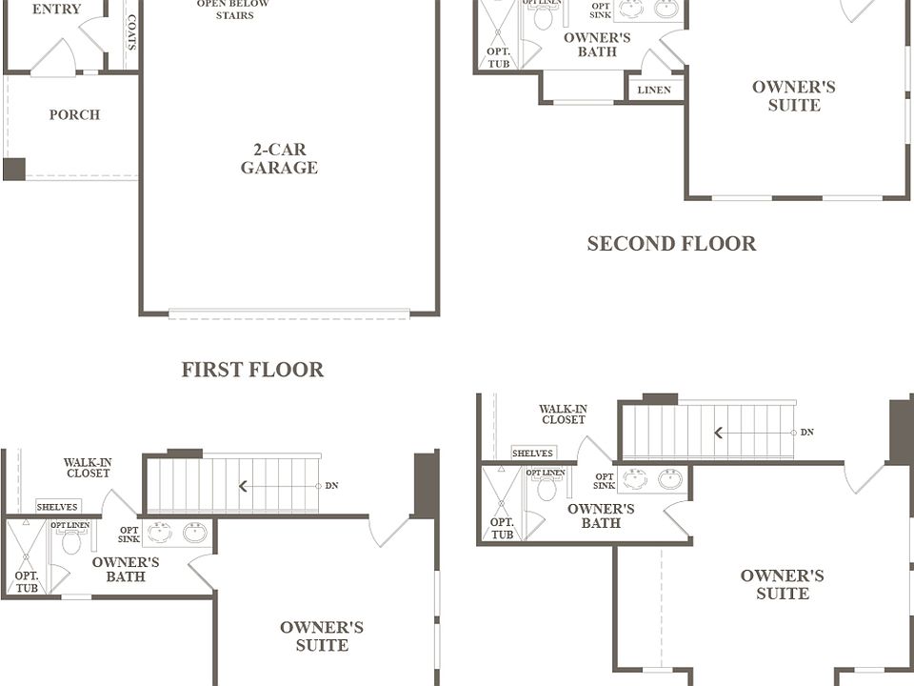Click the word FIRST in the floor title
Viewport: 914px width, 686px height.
(210, 370)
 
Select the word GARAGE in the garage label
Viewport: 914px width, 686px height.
(279, 168)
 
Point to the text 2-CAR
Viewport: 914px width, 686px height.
(280, 150)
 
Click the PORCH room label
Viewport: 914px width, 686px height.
(74, 115)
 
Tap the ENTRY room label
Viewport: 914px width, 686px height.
(56, 9)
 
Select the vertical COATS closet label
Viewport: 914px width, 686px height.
(131, 32)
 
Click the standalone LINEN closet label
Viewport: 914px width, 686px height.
(654, 90)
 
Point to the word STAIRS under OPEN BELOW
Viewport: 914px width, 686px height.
(235, 15)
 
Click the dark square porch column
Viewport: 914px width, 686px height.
(14, 170)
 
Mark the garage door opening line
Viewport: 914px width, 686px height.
(289, 313)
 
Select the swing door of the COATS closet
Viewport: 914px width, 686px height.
(93, 34)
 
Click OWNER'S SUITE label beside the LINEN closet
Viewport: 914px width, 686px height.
(794, 96)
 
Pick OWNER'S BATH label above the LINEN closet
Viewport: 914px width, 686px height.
(597, 45)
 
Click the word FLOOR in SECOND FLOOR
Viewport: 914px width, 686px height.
(720, 243)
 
